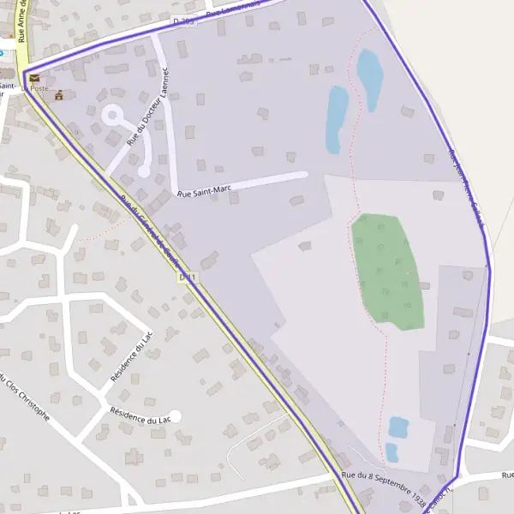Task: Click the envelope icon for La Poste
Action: tap(34, 78)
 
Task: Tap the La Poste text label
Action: tap(39, 88)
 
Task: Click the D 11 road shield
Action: tap(189, 277)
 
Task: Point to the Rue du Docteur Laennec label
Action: tap(148, 108)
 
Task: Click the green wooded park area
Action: tap(388, 270)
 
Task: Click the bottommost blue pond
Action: tap(391, 452)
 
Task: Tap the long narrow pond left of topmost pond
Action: tap(336, 118)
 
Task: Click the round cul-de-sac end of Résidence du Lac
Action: tap(176, 416)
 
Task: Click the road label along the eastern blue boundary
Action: tap(468, 190)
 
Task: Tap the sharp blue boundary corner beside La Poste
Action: tap(23, 71)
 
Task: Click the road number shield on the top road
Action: tap(183, 20)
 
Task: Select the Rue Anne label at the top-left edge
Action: tap(21, 21)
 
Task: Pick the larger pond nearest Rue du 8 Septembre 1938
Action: tap(398, 427)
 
